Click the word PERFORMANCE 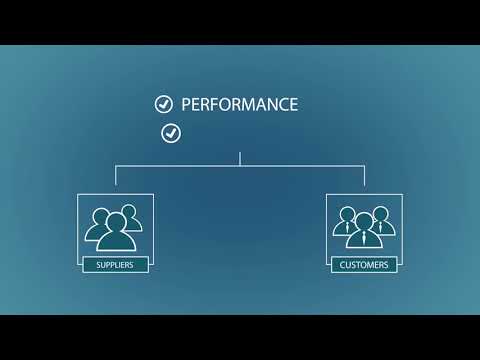point(239,104)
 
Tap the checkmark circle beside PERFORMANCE point(163,104)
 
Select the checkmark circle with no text point(171,132)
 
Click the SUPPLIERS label point(115,265)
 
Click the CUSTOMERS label point(364,265)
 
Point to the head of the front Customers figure point(364,220)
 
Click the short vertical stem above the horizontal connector point(240,158)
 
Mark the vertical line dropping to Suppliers point(115,176)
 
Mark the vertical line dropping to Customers point(364,176)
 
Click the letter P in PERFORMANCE point(187,104)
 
